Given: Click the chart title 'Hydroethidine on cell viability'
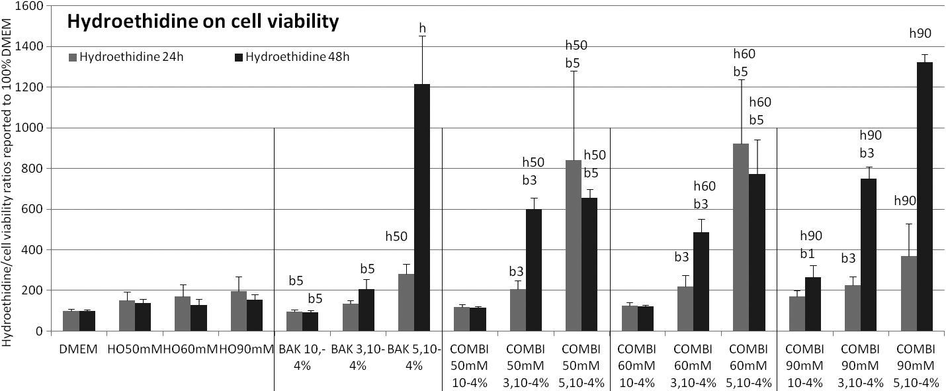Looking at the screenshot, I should pos(202,22).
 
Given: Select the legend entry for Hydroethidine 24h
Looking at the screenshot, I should pos(126,56).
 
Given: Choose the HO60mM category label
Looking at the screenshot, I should pos(191,348).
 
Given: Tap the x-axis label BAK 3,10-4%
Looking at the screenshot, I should pos(357,355).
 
